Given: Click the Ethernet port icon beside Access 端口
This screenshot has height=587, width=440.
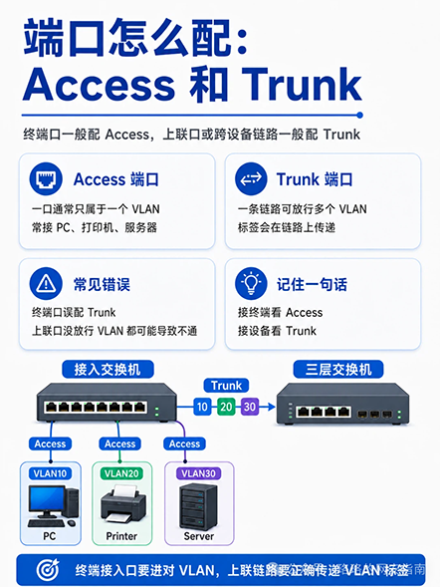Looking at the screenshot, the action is pos(46,178).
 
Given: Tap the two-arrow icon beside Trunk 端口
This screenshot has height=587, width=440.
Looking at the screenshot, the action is pos(251,178).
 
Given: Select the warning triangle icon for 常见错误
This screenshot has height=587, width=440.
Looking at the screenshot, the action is pos(46,283).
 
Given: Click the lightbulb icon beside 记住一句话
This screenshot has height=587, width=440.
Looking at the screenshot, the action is pos(251,283).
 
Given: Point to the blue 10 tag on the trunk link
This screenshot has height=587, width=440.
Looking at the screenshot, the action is pos(202,407).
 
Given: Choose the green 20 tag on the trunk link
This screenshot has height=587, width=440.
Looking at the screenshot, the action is pos(226,407).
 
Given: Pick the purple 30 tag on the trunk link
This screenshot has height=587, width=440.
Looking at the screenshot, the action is pos(250,407).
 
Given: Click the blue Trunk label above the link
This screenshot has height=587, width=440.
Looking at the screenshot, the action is pos(226,386).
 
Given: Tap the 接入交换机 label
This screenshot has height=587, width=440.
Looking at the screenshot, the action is pos(108,370).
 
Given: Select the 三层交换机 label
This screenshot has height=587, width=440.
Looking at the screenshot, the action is pos(338,370).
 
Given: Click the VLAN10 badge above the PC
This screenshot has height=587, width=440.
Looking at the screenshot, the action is pos(50,473).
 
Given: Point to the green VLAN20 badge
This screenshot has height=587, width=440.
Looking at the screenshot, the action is pos(121,473).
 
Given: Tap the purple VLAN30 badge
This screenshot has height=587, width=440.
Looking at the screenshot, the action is pos(198,473).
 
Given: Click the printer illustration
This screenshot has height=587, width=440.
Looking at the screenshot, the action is pos(123,504).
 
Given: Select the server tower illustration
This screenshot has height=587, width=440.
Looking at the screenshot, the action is pos(198,506).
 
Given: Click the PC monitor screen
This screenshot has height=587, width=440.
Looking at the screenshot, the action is pos(47,498).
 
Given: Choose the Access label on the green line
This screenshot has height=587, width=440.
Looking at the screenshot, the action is pos(120,444).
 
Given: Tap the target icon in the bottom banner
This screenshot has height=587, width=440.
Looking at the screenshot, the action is pos(48,570).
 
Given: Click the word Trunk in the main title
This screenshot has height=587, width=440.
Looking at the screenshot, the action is pos(302,85).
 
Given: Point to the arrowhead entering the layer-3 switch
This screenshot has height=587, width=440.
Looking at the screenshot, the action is pos(272,407).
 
